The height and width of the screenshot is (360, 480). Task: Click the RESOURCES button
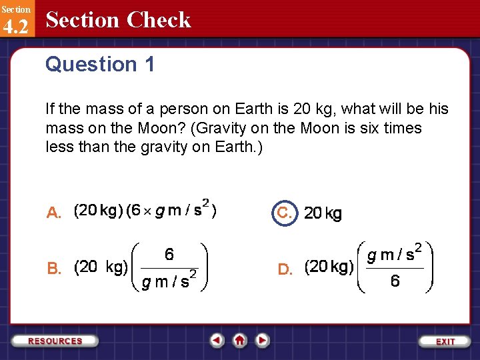click(x=55, y=341)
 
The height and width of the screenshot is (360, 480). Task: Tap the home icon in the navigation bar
click(x=240, y=341)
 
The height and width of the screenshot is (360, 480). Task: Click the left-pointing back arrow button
click(x=217, y=341)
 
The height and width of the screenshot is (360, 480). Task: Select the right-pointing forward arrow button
click(x=263, y=341)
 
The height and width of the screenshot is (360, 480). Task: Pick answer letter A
click(x=54, y=213)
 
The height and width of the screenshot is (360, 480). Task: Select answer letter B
click(x=54, y=269)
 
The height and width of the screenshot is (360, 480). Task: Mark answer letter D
click(x=285, y=269)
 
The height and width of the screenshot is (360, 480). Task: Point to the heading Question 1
click(x=100, y=65)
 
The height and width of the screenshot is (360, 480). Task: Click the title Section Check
click(x=118, y=20)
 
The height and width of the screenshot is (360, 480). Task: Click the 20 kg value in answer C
click(x=323, y=213)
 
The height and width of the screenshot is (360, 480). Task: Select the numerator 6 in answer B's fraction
click(x=169, y=254)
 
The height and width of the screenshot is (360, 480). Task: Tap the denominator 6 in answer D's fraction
click(x=395, y=281)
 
